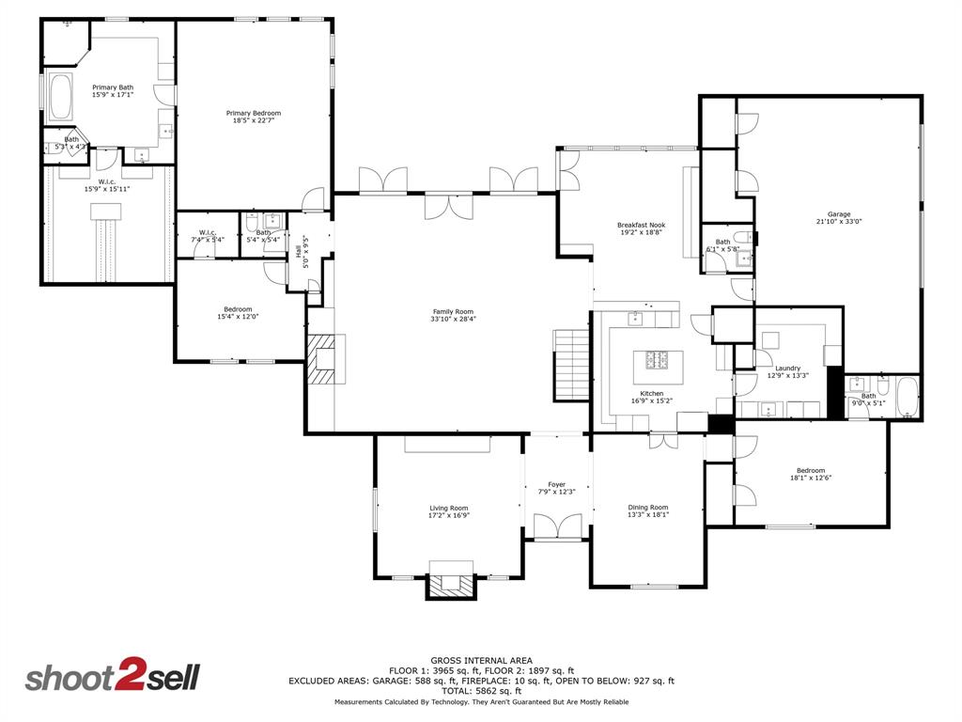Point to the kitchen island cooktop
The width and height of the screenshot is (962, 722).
pos(656,359)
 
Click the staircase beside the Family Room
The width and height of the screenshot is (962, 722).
pos(570,364)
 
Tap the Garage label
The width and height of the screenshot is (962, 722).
pos(839,214)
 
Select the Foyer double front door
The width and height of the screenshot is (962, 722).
pos(557,527)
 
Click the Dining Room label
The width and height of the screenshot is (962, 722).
pos(648,508)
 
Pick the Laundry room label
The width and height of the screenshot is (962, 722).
pos(787,369)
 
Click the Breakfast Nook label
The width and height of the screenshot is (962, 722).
pos(641,225)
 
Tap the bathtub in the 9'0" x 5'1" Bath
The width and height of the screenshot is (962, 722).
pos(906,397)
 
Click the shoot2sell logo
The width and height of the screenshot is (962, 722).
pos(112,678)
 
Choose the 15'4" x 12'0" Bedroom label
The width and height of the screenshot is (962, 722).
pos(238,309)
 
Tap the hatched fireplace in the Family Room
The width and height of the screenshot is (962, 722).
pos(324,358)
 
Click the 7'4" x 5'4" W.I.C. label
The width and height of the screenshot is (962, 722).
pos(206,232)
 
